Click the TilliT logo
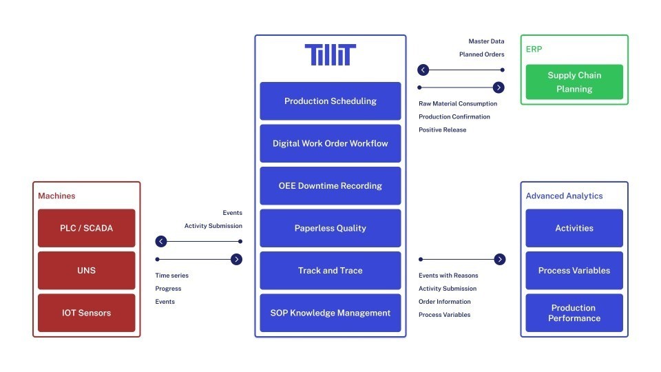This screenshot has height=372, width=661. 330,54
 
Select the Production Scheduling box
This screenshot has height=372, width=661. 330,101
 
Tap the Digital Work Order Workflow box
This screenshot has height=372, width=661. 330,143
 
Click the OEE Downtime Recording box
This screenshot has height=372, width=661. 330,186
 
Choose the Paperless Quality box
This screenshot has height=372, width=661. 330,228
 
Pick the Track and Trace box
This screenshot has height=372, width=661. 330,271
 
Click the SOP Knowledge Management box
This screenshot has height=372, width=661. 330,313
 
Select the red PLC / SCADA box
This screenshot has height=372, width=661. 87,228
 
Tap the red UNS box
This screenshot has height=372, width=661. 87,271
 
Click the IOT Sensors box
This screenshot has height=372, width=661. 87,313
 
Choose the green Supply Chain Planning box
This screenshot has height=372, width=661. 574,82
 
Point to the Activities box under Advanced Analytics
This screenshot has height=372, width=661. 574,228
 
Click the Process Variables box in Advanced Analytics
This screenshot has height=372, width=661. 574,271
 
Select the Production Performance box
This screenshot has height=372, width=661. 574,313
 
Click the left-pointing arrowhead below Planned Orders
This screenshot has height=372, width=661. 423,70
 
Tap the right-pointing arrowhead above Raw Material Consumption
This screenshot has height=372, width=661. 499,87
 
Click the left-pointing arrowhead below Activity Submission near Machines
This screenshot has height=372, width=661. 161,241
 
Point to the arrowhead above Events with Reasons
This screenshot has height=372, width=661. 500,259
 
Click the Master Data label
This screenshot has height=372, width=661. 486,41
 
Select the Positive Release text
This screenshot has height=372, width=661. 442,130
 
